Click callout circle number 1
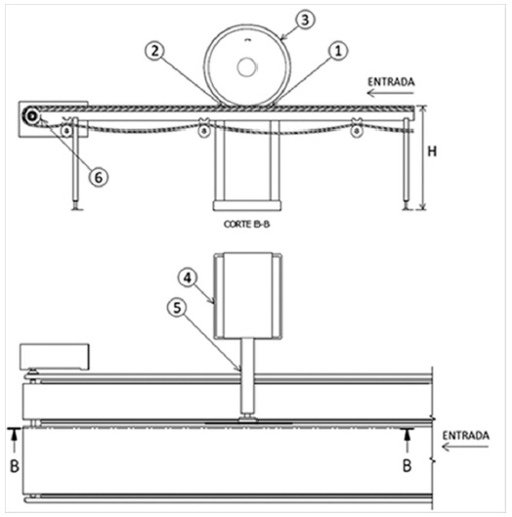pyautogui.click(x=338, y=51)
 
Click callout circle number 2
pyautogui.click(x=155, y=51)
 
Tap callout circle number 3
pyautogui.click(x=305, y=20)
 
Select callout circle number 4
pyautogui.click(x=188, y=278)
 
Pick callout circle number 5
pyautogui.click(x=178, y=308)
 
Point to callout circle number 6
pyautogui.click(x=99, y=178)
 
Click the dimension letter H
pyautogui.click(x=432, y=151)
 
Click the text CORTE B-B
pyautogui.click(x=246, y=224)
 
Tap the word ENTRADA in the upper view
pyautogui.click(x=391, y=82)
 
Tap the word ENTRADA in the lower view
pyautogui.click(x=465, y=436)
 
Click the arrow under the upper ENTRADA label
pyautogui.click(x=390, y=93)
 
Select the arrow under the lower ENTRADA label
pyautogui.click(x=465, y=447)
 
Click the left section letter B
pyautogui.click(x=15, y=466)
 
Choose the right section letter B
pyautogui.click(x=407, y=466)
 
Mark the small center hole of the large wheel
pyautogui.click(x=246, y=66)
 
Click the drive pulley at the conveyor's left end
pyautogui.click(x=31, y=115)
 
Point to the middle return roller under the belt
pyautogui.click(x=204, y=131)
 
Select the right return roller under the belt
pyautogui.click(x=357, y=131)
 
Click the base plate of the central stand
pyautogui.click(x=247, y=206)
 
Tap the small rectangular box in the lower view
pyautogui.click(x=55, y=357)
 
